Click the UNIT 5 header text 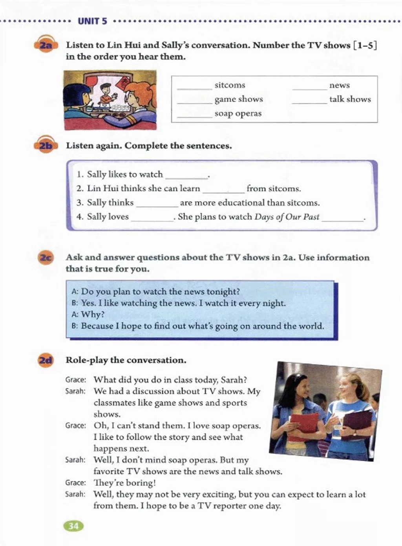(x=92, y=21)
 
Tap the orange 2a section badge (x=46, y=46)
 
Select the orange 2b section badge (x=46, y=146)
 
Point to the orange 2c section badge (x=46, y=258)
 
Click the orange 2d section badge (x=46, y=360)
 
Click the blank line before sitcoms (x=194, y=88)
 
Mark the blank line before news (x=309, y=88)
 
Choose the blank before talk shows (x=309, y=102)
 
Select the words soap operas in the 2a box (x=238, y=114)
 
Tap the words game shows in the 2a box (x=239, y=99)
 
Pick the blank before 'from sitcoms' (x=223, y=191)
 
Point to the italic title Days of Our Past (x=287, y=217)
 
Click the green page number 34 (x=73, y=526)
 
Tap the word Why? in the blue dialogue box (x=93, y=315)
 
